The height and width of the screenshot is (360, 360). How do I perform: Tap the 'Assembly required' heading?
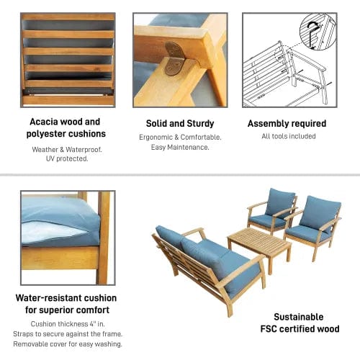point(287,124)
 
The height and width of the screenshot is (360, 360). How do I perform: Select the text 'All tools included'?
point(287,137)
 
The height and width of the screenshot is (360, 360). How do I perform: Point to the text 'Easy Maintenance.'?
point(179,148)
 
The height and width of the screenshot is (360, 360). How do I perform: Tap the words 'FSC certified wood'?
point(297,330)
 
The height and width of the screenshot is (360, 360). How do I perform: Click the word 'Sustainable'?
point(297,317)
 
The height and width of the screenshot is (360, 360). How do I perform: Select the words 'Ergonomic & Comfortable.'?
point(179,137)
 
